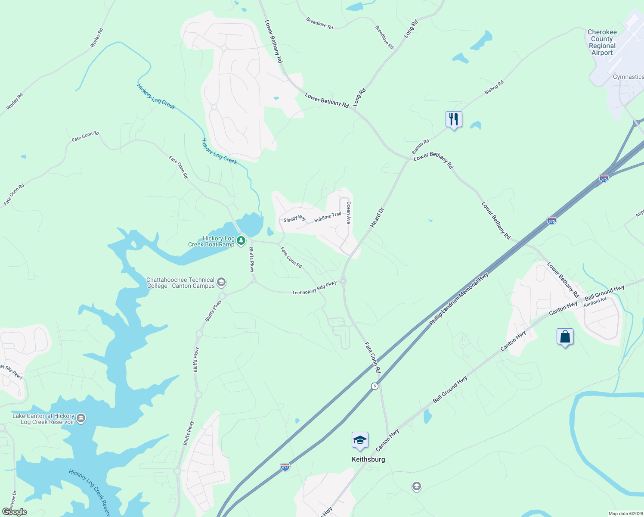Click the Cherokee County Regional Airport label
point(602,43)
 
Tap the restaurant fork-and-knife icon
point(453,119)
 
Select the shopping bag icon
point(565,336)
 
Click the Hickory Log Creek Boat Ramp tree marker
point(241,240)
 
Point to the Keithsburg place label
point(368,459)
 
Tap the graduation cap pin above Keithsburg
point(360,440)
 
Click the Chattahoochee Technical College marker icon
point(221,283)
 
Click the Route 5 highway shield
point(375,386)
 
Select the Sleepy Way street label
point(295,219)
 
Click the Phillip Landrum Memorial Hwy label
point(459,299)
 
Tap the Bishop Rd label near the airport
point(494,87)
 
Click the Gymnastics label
point(628,77)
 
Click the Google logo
point(14,511)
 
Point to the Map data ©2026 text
point(625,514)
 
